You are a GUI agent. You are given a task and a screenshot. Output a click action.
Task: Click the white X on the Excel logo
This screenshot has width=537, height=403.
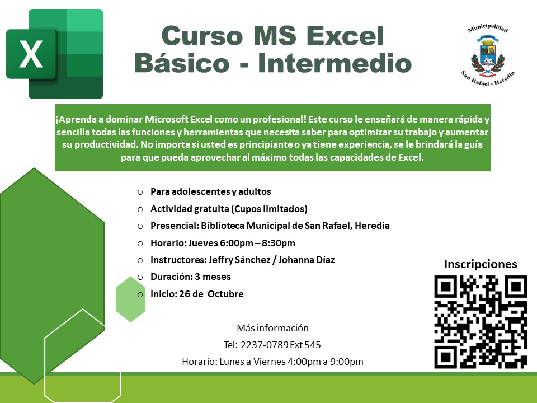click(31, 54)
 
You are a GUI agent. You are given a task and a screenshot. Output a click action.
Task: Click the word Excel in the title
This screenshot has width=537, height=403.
click(345, 36)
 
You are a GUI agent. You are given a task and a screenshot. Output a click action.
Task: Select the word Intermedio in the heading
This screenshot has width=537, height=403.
click(335, 63)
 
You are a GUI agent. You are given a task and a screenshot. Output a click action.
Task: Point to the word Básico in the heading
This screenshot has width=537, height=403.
click(182, 63)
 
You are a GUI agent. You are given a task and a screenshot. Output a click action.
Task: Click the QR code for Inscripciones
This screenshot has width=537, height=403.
click(481, 321)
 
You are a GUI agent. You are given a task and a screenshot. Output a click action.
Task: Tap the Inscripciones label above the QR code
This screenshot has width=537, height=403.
click(481, 264)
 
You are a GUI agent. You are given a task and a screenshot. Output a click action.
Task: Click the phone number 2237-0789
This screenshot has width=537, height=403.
click(265, 345)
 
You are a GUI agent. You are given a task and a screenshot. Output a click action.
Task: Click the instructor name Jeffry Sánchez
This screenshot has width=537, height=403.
click(239, 260)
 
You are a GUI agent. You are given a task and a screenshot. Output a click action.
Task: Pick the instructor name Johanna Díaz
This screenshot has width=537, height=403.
click(307, 260)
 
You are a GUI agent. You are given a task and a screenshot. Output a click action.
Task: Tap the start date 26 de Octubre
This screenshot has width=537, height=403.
click(211, 294)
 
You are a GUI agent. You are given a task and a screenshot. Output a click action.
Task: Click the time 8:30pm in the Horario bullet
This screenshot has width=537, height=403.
click(279, 243)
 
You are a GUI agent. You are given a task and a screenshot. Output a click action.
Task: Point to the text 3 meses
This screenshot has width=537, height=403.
click(213, 277)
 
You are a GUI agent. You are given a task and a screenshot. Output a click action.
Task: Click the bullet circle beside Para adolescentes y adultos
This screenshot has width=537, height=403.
click(140, 192)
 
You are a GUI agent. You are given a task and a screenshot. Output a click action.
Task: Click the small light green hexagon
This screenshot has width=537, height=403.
click(130, 299)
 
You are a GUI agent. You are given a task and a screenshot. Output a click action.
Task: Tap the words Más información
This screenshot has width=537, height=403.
click(272, 328)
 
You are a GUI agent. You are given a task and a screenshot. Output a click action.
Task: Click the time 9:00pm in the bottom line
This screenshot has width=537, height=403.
click(347, 362)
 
